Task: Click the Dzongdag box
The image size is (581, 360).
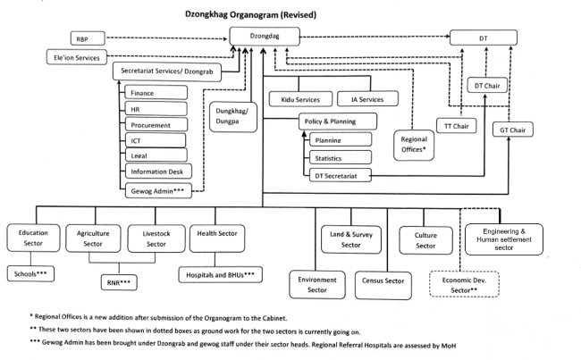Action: tap(265, 38)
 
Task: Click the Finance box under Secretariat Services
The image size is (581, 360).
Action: tap(156, 93)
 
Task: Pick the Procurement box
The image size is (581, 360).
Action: tap(156, 124)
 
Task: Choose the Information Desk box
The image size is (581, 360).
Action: tap(156, 172)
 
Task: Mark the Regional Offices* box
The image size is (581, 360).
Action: tap(415, 146)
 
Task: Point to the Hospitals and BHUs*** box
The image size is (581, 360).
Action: tap(219, 274)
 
